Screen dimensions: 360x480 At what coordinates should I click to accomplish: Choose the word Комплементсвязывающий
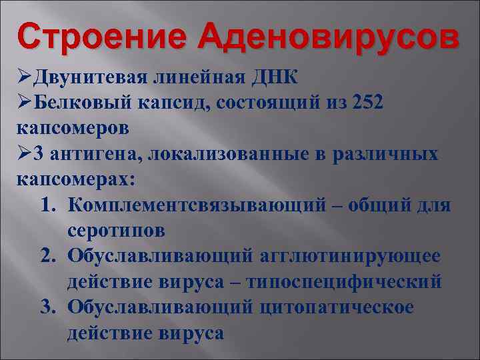197,205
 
